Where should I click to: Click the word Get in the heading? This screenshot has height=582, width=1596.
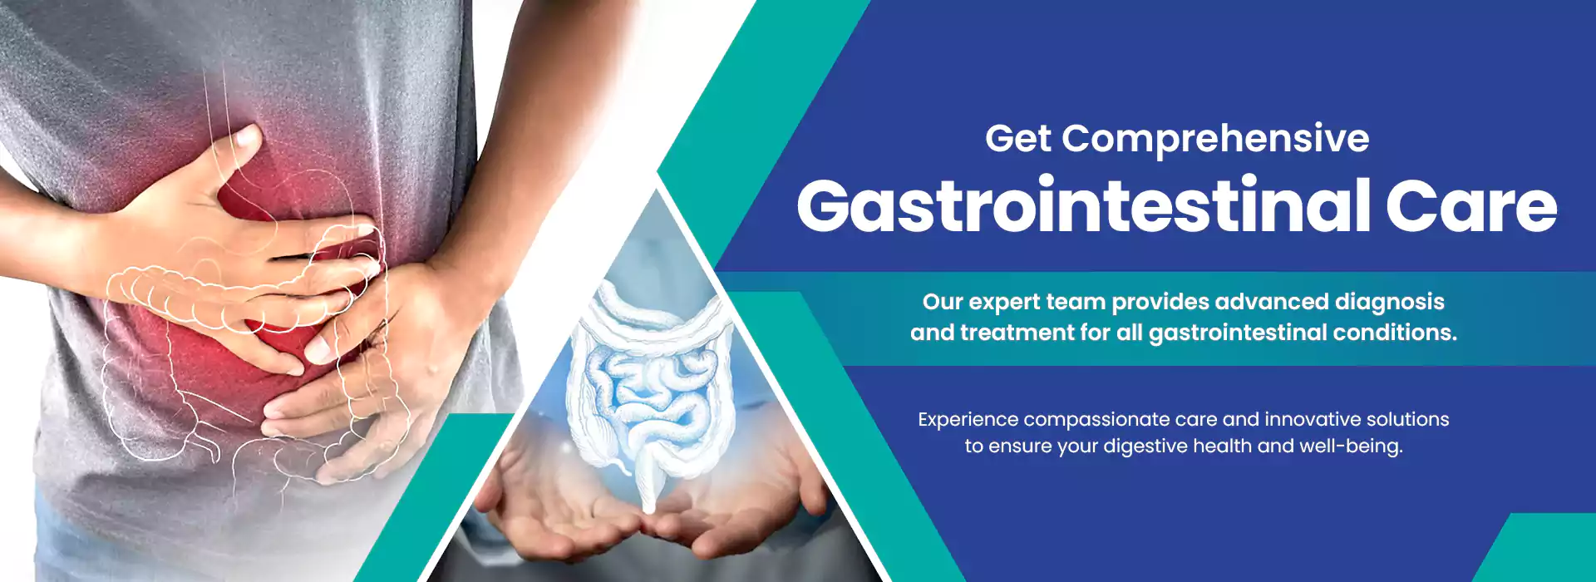[x=1018, y=139]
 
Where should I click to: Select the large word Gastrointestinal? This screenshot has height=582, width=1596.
[x=1083, y=205]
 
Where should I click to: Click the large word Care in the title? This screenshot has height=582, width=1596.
[x=1471, y=205]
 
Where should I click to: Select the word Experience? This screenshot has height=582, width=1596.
[x=968, y=420]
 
